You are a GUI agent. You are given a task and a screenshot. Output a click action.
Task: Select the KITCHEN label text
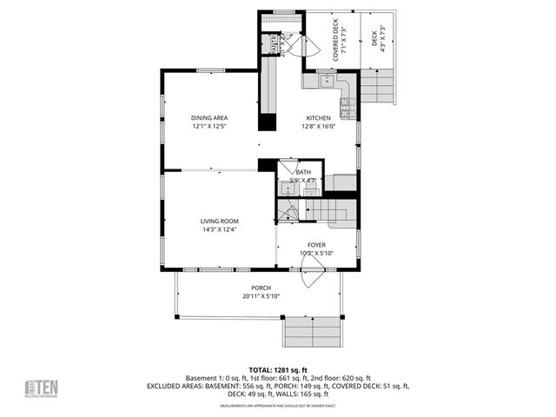click(317, 118)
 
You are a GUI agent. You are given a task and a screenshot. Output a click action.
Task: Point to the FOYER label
click(316, 245)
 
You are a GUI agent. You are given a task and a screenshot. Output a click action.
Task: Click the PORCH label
click(261, 288)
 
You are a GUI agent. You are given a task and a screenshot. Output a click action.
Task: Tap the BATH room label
click(303, 172)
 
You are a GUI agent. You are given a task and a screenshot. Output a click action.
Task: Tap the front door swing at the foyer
click(312, 276)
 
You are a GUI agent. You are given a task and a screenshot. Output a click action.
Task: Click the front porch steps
click(306, 330)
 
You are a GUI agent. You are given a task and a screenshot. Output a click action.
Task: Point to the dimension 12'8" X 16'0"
click(317, 126)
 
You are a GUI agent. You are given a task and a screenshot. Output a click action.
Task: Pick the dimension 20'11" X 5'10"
click(261, 296)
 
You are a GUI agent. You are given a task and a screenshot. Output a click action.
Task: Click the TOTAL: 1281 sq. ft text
click(278, 369)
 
